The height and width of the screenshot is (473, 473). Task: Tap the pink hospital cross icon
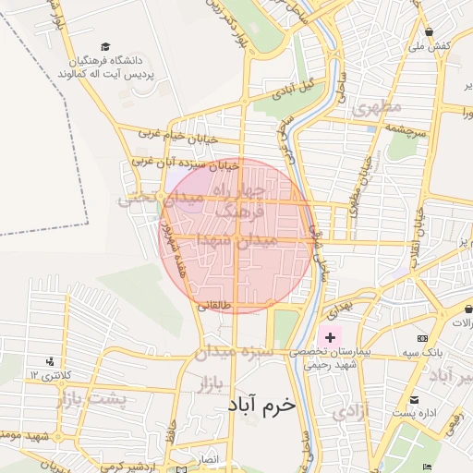[x=330, y=338]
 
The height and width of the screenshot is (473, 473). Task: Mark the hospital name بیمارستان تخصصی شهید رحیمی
[x=334, y=359]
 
